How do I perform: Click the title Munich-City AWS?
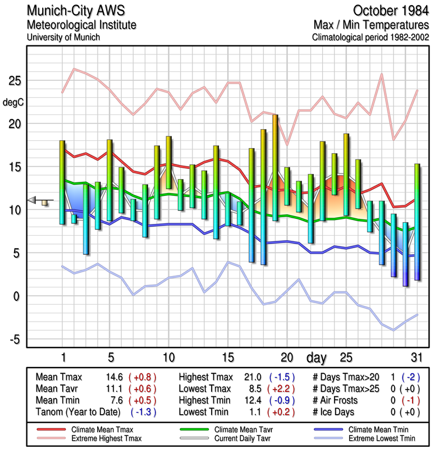[x=75, y=11]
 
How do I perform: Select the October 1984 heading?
[x=391, y=11]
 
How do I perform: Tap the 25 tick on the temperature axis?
[x=15, y=81]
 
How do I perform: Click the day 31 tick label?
[x=416, y=357]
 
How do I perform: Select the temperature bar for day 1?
[x=62, y=182]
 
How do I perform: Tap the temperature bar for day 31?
[x=416, y=222]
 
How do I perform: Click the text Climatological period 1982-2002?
[x=371, y=38]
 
